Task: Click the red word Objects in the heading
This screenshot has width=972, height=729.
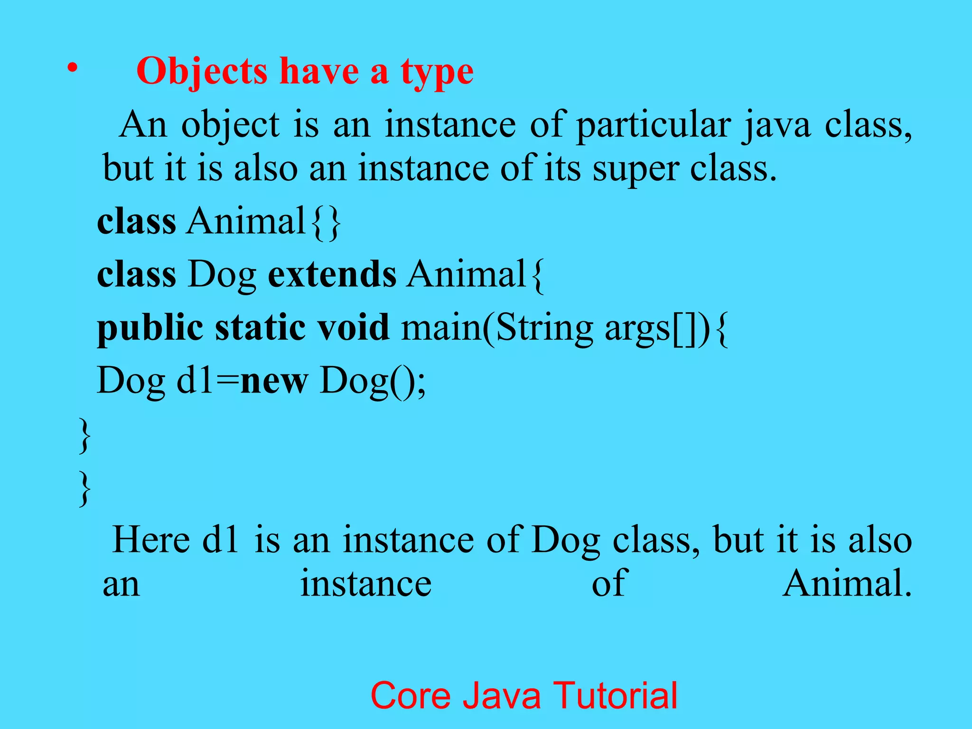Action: pos(202,71)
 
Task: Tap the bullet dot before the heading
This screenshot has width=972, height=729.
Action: pos(72,69)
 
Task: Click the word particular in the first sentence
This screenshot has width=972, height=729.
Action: pos(653,126)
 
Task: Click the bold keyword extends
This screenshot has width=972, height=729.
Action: pos(332,274)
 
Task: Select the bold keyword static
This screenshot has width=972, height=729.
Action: pos(260,327)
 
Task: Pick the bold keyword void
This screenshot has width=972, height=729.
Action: pos(353,327)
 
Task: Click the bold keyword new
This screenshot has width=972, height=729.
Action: pos(274,381)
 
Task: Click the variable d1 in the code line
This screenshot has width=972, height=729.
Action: pos(194,380)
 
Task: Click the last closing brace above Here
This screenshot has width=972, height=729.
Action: pos(84,489)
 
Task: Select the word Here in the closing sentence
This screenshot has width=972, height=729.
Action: pos(151,540)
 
